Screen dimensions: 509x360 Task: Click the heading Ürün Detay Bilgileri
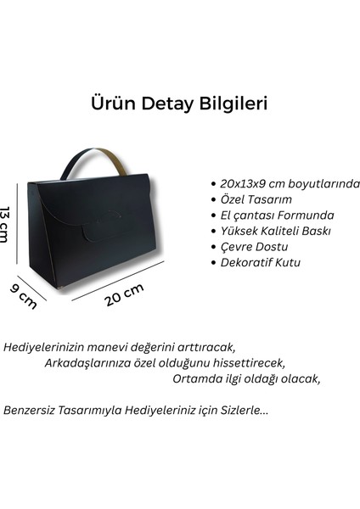pyautogui.click(x=179, y=103)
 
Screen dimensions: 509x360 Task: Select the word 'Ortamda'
pyautogui.click(x=195, y=378)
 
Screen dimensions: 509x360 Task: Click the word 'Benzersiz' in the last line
pyautogui.click(x=32, y=410)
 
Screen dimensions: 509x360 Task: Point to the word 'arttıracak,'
pyautogui.click(x=207, y=348)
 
